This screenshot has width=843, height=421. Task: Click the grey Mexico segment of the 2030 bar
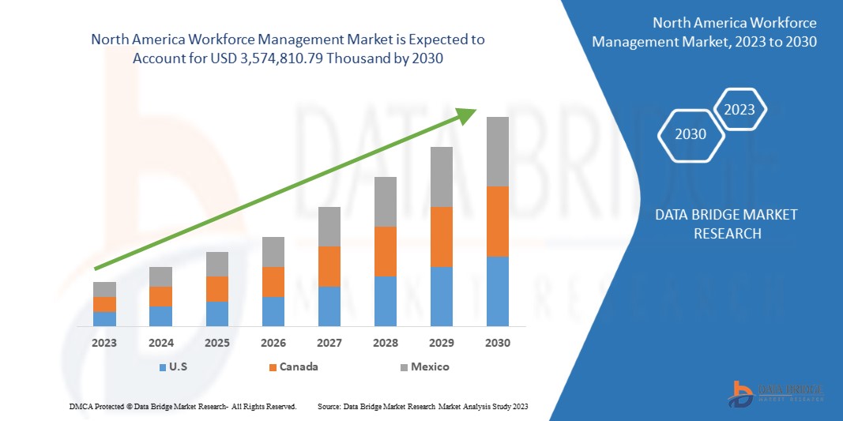[497, 152]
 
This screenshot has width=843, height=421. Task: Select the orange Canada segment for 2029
[441, 237]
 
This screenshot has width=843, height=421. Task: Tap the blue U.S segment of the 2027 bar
[329, 306]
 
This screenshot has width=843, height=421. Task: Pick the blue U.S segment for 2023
[104, 318]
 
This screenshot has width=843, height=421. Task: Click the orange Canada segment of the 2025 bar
[216, 289]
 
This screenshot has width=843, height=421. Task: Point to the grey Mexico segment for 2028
[385, 201]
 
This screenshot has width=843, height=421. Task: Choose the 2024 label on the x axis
[160, 343]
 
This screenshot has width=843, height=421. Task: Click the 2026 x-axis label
[273, 343]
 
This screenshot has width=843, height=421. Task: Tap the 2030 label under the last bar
[497, 343]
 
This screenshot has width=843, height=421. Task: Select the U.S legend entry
[175, 366]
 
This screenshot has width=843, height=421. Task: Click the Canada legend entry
[293, 366]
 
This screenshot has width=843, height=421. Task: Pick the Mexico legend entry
[424, 366]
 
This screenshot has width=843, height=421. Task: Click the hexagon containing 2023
[740, 110]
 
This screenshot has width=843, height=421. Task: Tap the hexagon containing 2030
[691, 134]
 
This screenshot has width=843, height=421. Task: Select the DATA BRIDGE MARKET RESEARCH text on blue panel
[727, 224]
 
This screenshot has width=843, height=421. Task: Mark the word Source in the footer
[329, 406]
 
